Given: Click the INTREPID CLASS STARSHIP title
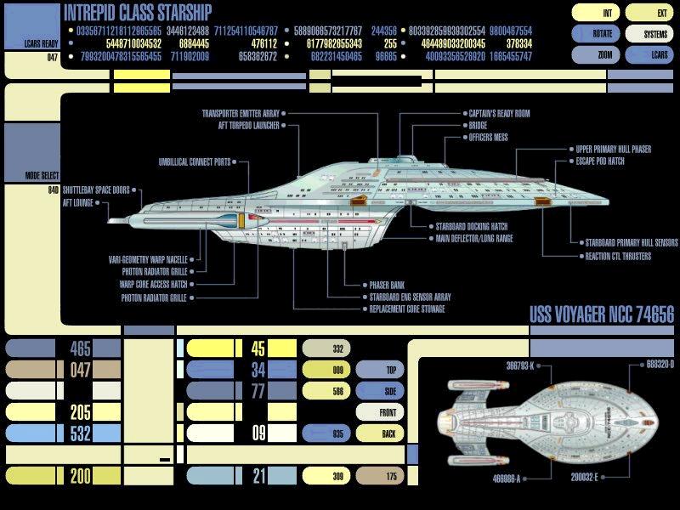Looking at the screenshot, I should click(138, 12).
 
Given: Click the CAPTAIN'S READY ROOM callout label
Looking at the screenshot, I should click(499, 113).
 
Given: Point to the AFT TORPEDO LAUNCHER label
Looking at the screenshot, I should click(242, 124).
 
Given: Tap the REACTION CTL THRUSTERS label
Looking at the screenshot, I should click(617, 256).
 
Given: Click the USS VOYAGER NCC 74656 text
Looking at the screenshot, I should click(601, 315).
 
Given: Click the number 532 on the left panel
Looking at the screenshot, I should click(81, 433).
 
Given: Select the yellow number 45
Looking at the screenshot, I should click(258, 348).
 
